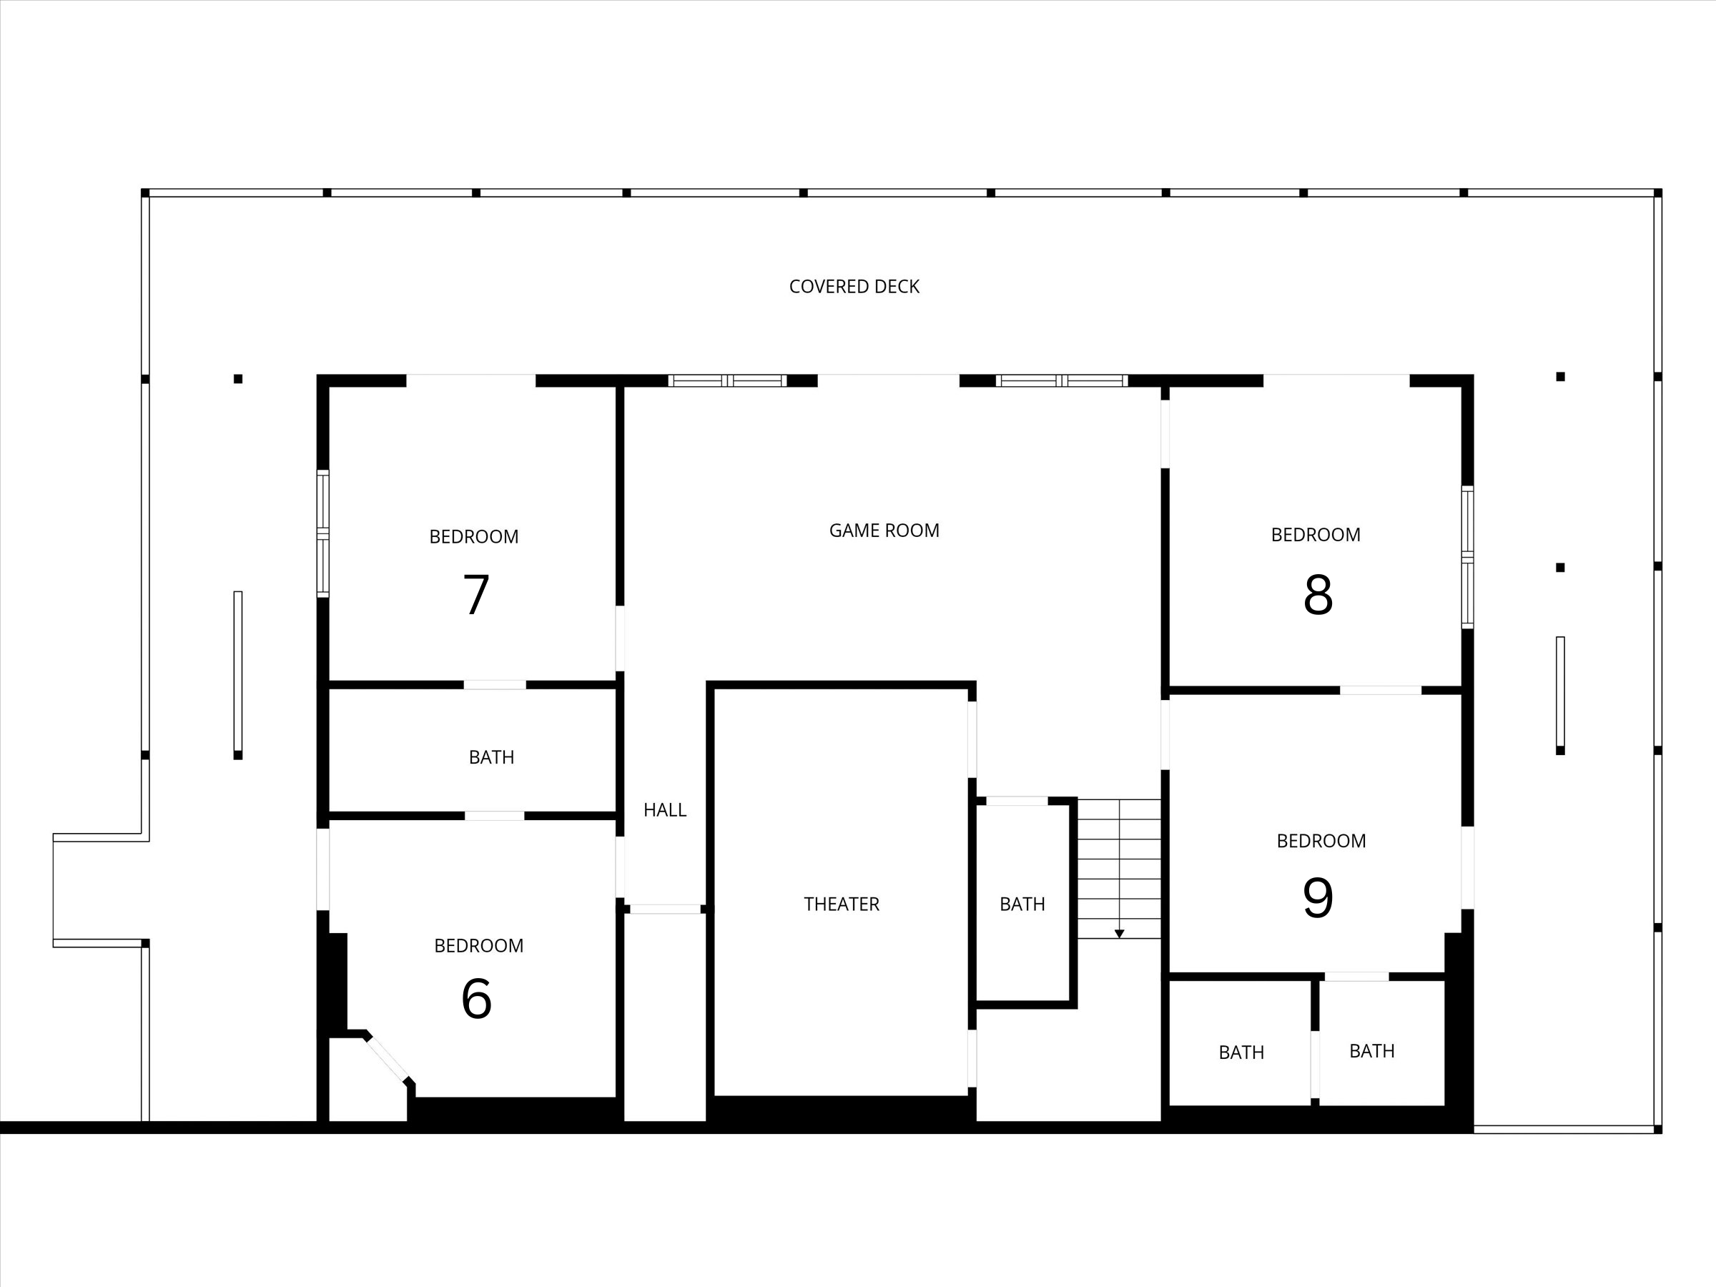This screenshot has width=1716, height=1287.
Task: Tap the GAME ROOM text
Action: point(884,531)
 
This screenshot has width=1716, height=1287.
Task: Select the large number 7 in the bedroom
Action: point(475,595)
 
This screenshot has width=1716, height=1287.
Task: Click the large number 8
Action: point(1318,595)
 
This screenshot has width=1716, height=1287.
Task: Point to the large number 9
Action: point(1317,897)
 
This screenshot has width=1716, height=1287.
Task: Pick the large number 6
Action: point(476,999)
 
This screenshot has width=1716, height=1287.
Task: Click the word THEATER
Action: point(841,904)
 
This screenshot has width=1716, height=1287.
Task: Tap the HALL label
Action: point(665,811)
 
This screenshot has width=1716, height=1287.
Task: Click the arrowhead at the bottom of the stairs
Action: point(1120,934)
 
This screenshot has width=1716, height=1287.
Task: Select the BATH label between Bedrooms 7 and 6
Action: point(491,757)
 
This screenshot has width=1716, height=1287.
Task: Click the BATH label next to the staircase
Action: point(1022,904)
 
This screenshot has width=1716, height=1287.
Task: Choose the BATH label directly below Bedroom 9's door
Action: point(1371,1051)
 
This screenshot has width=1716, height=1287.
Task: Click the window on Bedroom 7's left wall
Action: point(322,533)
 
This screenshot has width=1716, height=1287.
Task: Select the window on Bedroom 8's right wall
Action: point(1467,557)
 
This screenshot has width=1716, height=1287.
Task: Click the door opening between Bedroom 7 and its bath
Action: point(495,685)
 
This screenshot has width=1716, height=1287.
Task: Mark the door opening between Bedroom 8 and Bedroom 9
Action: point(1380,691)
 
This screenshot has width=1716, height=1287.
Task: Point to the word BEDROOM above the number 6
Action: point(478,946)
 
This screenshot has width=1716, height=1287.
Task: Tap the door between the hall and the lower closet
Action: point(665,909)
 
